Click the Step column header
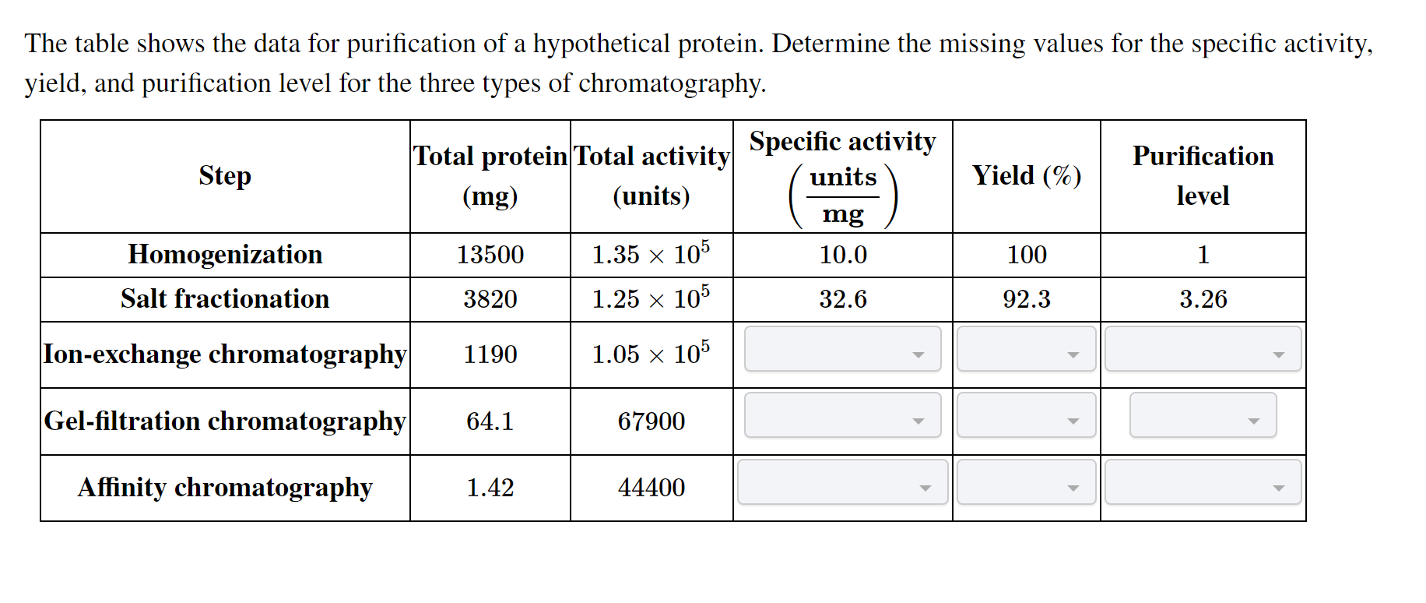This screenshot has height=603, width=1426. click(225, 176)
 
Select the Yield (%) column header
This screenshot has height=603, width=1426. click(1027, 176)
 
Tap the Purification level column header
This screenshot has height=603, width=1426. click(1203, 176)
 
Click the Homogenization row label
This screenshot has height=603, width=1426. click(225, 255)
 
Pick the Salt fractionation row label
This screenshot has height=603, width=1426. click(225, 299)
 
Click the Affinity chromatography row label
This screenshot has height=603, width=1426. click(225, 488)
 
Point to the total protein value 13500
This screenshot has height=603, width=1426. click(490, 255)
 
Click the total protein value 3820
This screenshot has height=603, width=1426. click(490, 299)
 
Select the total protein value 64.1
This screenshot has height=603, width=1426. click(490, 421)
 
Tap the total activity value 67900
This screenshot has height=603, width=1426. click(652, 421)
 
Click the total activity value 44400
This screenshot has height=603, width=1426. click(652, 488)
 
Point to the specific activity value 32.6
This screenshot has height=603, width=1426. click(843, 299)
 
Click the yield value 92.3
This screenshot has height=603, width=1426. click(1027, 299)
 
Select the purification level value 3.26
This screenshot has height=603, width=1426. click(1203, 299)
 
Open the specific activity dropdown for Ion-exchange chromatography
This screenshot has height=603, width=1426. click(843, 349)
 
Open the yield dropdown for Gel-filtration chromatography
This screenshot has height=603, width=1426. click(1027, 415)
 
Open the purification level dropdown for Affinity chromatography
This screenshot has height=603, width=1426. click(1203, 481)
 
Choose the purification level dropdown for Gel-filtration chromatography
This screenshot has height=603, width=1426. click(1203, 415)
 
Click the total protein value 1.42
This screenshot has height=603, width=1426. click(490, 488)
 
